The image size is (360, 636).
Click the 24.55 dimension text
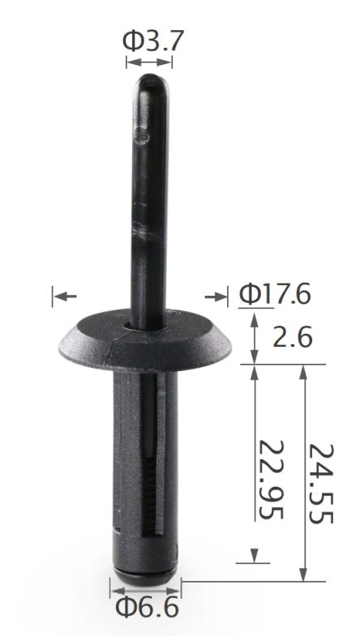[321, 483]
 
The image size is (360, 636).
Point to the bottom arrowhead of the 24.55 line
[303, 575]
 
